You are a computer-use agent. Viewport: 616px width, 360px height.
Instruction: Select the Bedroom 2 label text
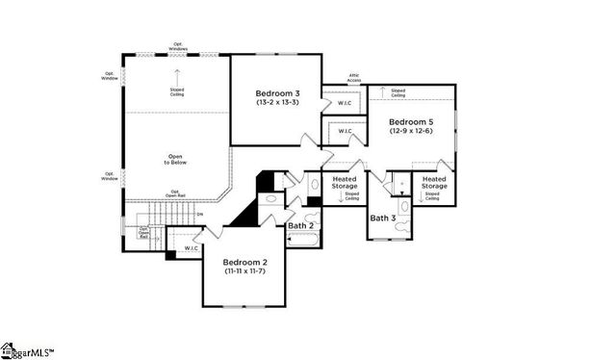coord(244,262)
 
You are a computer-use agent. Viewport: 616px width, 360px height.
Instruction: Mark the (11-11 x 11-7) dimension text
coord(244,271)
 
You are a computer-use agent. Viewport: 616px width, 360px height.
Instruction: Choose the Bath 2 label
coord(300,225)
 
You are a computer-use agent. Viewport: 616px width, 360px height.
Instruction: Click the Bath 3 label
coord(383,219)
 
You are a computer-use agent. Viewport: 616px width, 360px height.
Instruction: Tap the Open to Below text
coord(175,159)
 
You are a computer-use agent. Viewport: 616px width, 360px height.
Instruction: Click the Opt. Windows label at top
coord(179,44)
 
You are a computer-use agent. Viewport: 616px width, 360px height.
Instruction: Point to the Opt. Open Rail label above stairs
coord(175,193)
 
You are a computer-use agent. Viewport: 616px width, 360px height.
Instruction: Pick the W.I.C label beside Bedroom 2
coord(191,247)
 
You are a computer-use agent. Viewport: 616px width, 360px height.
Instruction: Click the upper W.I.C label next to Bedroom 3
coord(345,103)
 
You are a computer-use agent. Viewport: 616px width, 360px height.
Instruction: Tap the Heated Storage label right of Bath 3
coord(433,182)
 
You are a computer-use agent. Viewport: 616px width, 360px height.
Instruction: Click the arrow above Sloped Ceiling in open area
coord(177,75)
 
